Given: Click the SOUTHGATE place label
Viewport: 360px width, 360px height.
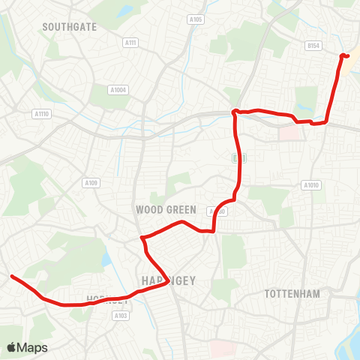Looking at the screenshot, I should click(x=70, y=26).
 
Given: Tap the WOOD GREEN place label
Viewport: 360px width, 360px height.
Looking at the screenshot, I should click(x=166, y=210).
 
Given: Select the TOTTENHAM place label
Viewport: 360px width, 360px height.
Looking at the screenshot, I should click(x=292, y=294).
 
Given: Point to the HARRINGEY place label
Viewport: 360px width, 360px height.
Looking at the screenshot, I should click(x=168, y=280).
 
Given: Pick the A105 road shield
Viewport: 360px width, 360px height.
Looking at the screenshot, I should click(x=196, y=19).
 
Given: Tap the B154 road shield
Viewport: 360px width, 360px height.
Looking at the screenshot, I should click(x=313, y=46).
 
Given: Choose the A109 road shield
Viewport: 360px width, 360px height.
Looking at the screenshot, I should click(x=91, y=183).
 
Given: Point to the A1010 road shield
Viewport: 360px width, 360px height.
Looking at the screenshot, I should click(x=310, y=185).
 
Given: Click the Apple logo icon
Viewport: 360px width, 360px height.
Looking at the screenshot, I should click(x=11, y=347).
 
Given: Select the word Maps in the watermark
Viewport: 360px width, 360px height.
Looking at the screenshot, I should click(x=32, y=347).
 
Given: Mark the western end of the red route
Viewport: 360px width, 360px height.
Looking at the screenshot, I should click(x=12, y=276).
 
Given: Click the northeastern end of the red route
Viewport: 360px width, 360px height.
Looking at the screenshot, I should click(x=343, y=55).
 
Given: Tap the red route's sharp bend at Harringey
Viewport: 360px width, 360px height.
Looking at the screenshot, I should click(x=142, y=238).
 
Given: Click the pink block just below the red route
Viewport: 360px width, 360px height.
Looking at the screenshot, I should click(x=288, y=133).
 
